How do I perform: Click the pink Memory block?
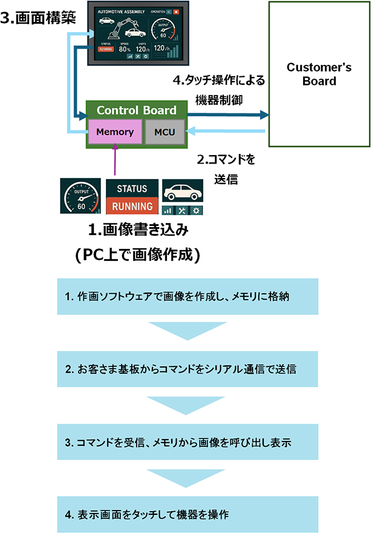click(x=115, y=131)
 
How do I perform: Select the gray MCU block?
click(x=165, y=131)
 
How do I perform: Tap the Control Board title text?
click(x=137, y=110)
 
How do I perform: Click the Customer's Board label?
click(x=319, y=74)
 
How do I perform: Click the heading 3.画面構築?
click(x=38, y=18)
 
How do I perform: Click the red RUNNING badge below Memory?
click(x=132, y=206)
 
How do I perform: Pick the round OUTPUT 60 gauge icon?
click(x=80, y=196)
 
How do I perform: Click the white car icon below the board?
click(x=183, y=191)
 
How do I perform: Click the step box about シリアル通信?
click(x=187, y=369)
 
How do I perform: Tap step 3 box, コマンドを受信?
click(x=187, y=442)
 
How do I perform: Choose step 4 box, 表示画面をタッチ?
click(x=187, y=514)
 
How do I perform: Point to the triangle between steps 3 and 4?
click(x=187, y=477)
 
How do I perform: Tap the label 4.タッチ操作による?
click(x=218, y=80)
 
